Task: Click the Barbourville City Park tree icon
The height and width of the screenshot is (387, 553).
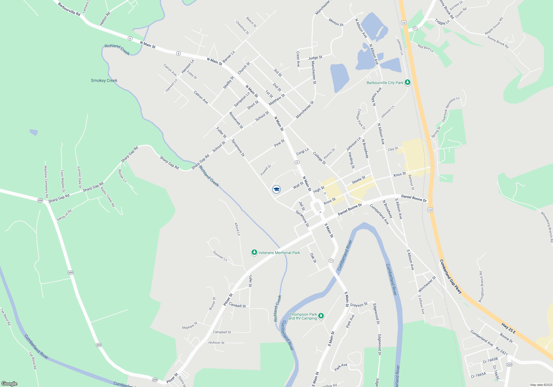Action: point(407,82)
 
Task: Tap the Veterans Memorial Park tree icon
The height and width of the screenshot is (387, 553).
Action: point(254,252)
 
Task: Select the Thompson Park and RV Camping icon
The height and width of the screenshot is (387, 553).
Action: point(321,316)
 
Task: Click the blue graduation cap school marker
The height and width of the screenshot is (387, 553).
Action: point(276,189)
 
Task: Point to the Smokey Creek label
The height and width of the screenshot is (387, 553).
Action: point(104,80)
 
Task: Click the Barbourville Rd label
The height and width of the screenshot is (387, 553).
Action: point(69,9)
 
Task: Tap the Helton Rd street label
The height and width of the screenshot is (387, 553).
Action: point(105,19)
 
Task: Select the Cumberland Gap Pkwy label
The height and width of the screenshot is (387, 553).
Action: point(450,276)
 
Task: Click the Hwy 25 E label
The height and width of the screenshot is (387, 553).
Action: point(508,328)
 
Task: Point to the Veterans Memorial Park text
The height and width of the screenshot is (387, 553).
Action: point(279,253)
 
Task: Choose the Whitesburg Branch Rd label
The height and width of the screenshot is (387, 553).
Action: point(547,227)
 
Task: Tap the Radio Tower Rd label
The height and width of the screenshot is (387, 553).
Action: point(108,197)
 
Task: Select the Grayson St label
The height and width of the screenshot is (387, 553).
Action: point(359,305)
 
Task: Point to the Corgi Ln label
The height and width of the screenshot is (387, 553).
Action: point(302,152)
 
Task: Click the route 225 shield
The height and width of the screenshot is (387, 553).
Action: point(509,365)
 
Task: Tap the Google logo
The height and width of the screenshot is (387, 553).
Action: point(9,384)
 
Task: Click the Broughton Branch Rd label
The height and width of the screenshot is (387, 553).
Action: point(482,287)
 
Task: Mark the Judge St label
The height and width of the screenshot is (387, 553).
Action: point(315,57)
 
